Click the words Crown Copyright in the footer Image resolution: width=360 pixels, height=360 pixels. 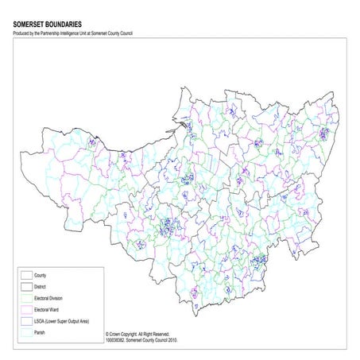pos(127,335)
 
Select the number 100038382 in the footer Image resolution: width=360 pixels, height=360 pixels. pos(117,340)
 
